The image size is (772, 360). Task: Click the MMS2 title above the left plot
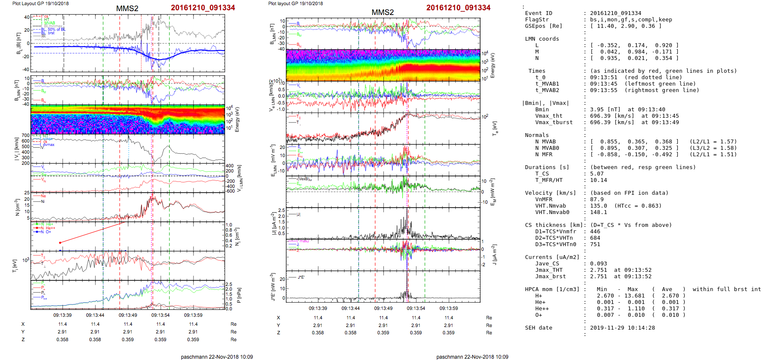point(127,9)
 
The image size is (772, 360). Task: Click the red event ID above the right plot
point(458,8)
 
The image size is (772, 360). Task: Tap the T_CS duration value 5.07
point(597,174)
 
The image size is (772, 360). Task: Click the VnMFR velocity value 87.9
point(597,199)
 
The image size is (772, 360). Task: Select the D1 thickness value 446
point(595,232)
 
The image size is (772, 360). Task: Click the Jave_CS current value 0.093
point(598,264)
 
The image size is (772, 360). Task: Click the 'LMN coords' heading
point(542,39)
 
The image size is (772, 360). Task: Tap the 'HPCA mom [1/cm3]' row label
point(552,289)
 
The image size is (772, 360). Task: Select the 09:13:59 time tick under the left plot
point(193,315)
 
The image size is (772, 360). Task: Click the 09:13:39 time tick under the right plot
point(318,308)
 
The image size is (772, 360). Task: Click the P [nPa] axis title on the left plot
point(239,295)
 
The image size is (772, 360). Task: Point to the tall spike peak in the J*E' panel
point(407,274)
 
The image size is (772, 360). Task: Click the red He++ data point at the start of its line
point(60,243)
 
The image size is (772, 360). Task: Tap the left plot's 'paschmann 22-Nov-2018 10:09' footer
point(217,357)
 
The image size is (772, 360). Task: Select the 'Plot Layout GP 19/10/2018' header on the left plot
point(40,3)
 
